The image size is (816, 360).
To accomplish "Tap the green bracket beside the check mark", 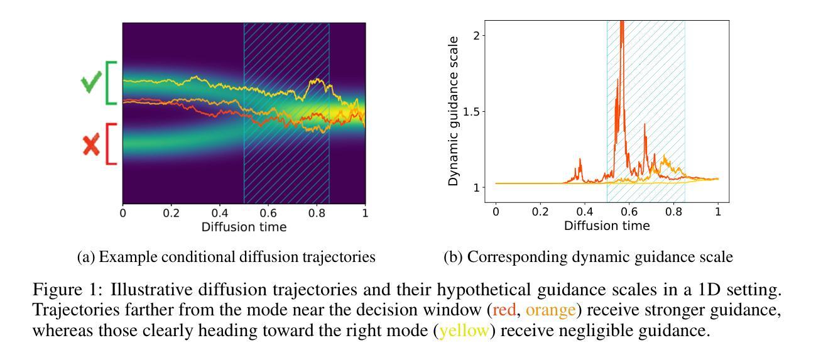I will pyautogui.click(x=111, y=83).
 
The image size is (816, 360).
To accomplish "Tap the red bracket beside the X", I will pyautogui.click(x=111, y=144).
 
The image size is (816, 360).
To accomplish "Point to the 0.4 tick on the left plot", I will pyautogui.click(x=220, y=214).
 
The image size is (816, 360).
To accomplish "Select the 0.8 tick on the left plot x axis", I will pyautogui.click(x=317, y=214).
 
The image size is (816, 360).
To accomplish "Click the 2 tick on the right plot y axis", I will pyautogui.click(x=476, y=35).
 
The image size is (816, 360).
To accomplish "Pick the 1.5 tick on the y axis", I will pyautogui.click(x=469, y=111).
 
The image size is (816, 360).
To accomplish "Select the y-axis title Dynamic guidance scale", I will pyautogui.click(x=454, y=111).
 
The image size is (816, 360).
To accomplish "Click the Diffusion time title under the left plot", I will pyautogui.click(x=244, y=227).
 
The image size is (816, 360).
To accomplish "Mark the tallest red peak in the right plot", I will pyautogui.click(x=622, y=25).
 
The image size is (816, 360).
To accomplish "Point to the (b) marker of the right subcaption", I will pyautogui.click(x=452, y=258).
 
